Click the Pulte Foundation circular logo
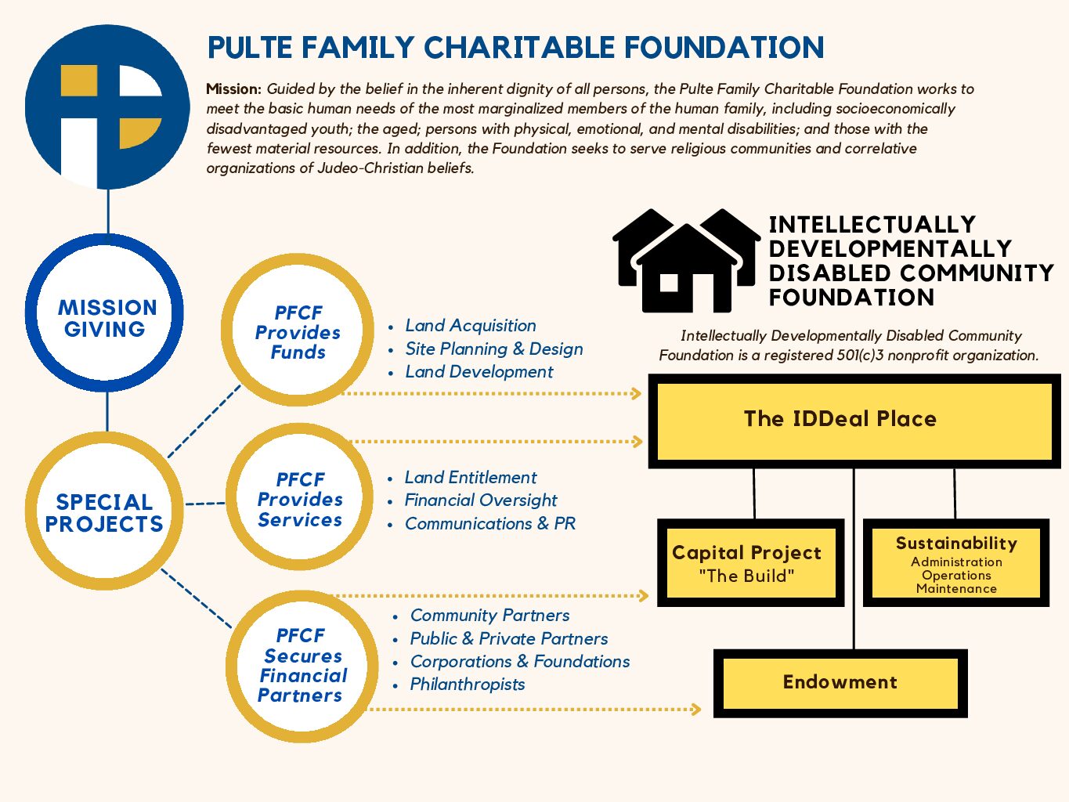point(107,107)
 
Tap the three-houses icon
point(686,261)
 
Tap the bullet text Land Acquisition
point(471,325)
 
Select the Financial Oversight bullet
point(481,500)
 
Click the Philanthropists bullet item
point(468,685)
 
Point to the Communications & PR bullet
point(490,523)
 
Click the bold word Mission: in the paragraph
point(233,89)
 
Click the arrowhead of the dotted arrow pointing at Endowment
point(696,709)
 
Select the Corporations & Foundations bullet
point(520,661)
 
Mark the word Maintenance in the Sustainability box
point(956,589)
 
